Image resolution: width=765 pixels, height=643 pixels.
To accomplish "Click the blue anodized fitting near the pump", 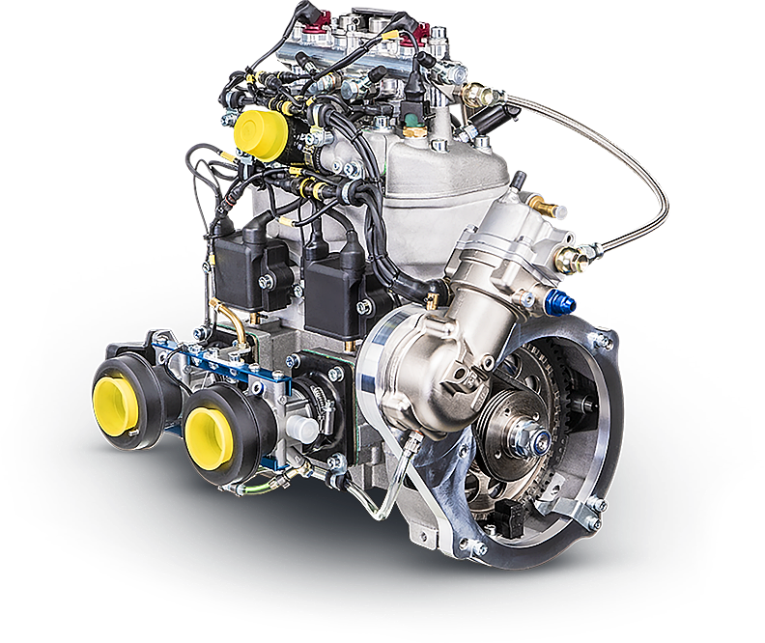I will click(561, 305).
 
